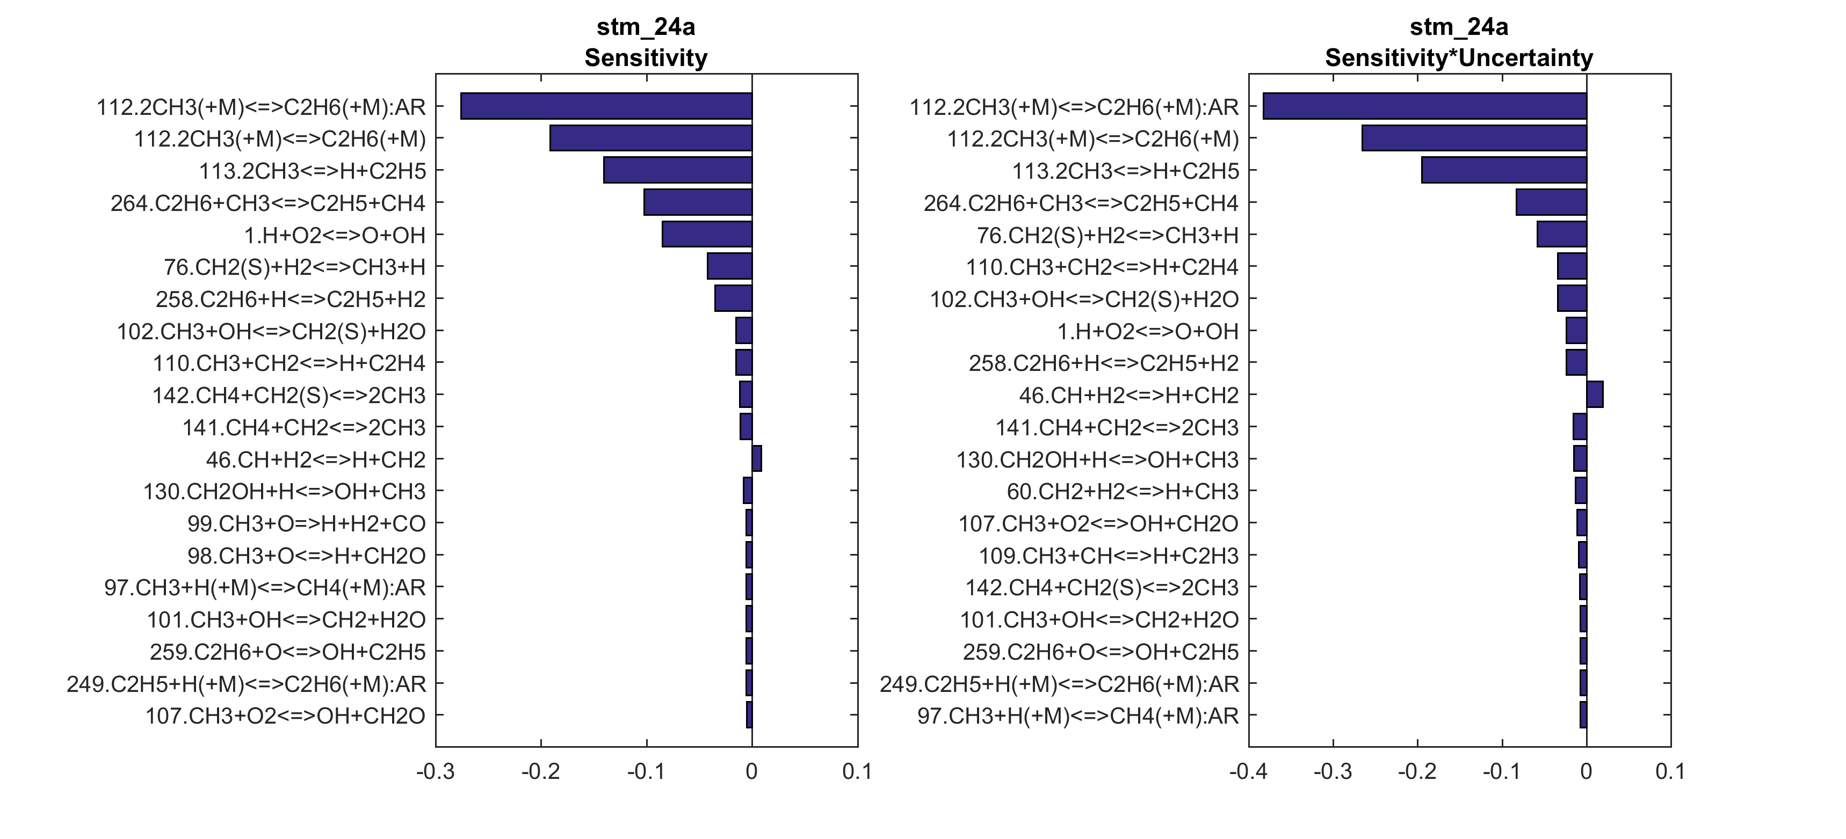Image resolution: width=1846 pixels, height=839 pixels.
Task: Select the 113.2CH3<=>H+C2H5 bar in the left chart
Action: [677, 171]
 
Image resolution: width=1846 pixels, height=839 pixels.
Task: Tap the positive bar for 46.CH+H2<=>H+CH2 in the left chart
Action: [757, 458]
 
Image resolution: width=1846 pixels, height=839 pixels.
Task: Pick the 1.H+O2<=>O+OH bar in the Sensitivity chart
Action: [707, 234]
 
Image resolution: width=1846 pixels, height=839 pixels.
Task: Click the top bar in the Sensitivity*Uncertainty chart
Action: [1424, 106]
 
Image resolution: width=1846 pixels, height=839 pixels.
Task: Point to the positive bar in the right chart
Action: [1595, 395]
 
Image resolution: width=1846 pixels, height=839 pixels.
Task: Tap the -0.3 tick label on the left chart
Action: [435, 772]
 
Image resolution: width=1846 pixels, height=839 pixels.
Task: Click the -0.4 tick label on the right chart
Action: [1248, 772]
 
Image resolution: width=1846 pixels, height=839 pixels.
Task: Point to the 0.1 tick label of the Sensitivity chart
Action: [857, 772]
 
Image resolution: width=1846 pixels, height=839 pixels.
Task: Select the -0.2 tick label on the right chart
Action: [1417, 772]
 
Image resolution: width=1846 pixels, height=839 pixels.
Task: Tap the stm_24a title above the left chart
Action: [646, 27]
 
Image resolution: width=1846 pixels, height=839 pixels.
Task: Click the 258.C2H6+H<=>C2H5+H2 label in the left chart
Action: [290, 299]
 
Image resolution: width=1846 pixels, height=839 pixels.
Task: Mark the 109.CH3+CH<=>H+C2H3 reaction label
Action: [1109, 555]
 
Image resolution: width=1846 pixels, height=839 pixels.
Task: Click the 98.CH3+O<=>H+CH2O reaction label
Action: [306, 555]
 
